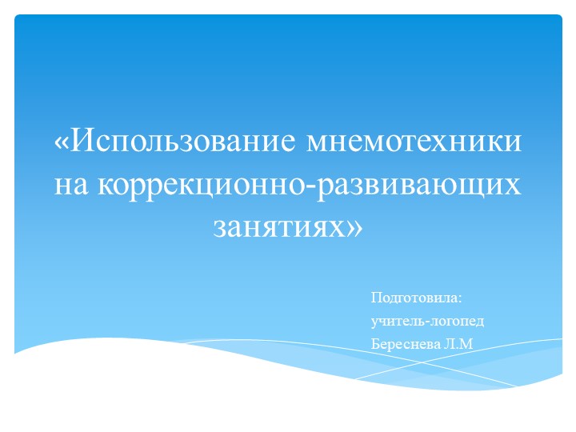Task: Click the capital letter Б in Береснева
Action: [x=376, y=344]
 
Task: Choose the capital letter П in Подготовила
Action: [x=376, y=298]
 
